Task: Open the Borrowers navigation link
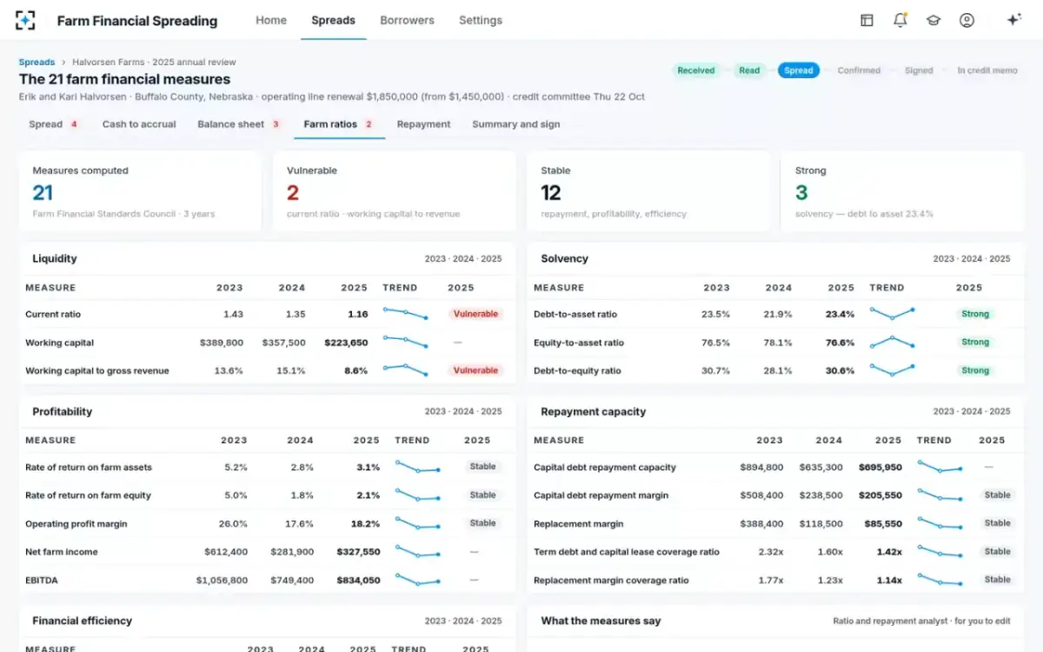(x=407, y=21)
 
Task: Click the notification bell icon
(x=900, y=20)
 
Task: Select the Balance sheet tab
(x=231, y=124)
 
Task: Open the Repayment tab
(x=423, y=124)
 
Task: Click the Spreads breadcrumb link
(x=37, y=62)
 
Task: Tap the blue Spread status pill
(x=798, y=70)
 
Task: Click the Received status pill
(x=695, y=70)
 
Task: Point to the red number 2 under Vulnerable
(x=292, y=192)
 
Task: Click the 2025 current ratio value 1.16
(x=357, y=315)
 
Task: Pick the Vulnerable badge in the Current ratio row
(x=475, y=314)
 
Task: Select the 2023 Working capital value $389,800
(x=221, y=343)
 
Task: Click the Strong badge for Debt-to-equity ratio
(x=975, y=370)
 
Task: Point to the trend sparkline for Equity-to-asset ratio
(x=892, y=343)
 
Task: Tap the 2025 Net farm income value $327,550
(x=358, y=552)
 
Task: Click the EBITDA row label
(x=42, y=581)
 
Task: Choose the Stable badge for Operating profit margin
(x=482, y=523)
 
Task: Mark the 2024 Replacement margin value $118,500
(x=820, y=523)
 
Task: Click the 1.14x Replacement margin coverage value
(x=889, y=581)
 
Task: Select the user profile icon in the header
(x=967, y=20)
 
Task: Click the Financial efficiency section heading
(x=83, y=621)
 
